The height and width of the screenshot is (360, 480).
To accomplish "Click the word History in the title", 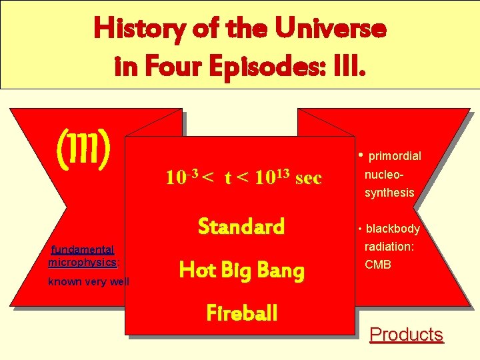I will coord(137,29).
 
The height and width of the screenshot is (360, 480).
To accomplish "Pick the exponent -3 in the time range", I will coord(193,173).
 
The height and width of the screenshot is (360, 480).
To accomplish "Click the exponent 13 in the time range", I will coord(281,173).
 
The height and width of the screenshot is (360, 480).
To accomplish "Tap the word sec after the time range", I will coord(308,178).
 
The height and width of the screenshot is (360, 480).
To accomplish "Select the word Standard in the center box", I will coord(241,227).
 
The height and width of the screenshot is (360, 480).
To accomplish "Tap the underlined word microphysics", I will coord(82,262).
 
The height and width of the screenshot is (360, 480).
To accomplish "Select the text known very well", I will coord(88,282).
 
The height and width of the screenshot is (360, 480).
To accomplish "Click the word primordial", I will coord(395,156).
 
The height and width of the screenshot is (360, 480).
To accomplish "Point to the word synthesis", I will coord(389,193).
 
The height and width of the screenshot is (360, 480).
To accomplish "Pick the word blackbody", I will coord(393,229).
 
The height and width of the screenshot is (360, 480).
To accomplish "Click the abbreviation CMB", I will coord(378,265).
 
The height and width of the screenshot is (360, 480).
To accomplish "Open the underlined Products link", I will coord(406,334).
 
